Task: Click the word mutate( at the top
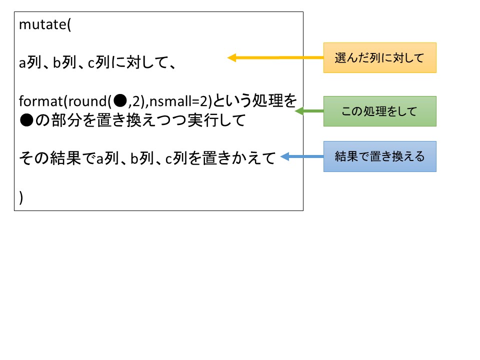tap(45, 25)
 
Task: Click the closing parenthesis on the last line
tap(21, 198)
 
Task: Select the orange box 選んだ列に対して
tap(379, 58)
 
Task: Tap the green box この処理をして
tap(379, 111)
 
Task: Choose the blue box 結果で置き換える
tap(379, 156)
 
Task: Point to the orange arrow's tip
tap(229, 58)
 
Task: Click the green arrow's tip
tap(296, 111)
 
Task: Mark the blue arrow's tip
tap(282, 157)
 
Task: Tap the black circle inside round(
tap(120, 101)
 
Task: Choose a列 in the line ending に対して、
tap(29, 64)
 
